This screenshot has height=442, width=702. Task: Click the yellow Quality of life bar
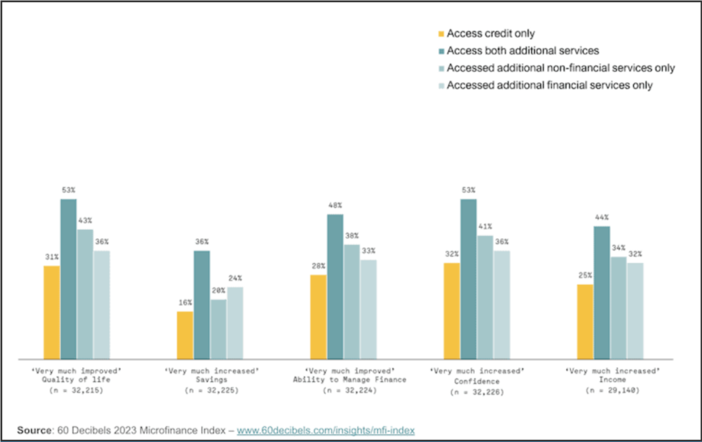52,312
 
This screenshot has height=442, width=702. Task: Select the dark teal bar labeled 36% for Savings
202,305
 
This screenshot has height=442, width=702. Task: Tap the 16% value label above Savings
184,303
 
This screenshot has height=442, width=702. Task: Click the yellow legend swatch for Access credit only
441,33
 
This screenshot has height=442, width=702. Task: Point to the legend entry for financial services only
549,86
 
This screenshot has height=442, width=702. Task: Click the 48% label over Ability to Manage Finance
335,206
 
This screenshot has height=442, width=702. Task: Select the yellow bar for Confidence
452,310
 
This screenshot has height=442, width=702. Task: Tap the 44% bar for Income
602,292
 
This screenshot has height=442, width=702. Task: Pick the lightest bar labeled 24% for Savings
235,323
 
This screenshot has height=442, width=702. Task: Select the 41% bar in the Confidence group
485,297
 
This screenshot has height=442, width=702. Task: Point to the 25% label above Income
585,275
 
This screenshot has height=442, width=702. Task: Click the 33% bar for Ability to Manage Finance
368,309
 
